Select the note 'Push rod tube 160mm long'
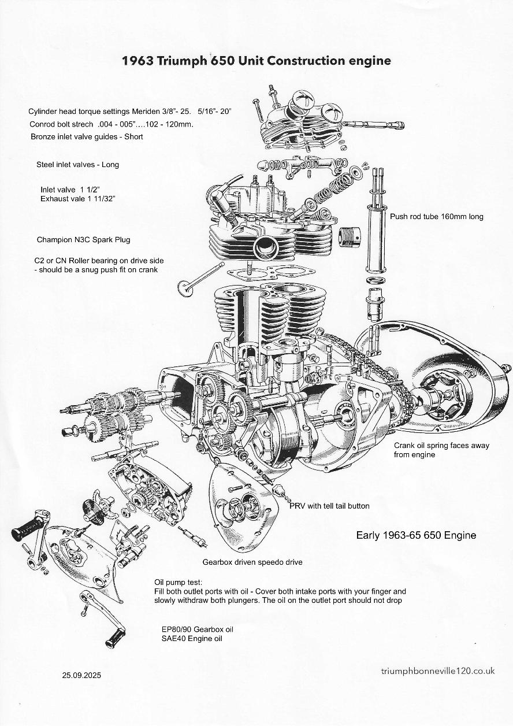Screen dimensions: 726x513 coord(436,217)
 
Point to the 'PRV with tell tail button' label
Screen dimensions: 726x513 coord(329,506)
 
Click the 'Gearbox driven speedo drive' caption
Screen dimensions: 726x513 coord(252,562)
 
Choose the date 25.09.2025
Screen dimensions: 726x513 coord(81,675)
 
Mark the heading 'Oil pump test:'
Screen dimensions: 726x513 coord(179,582)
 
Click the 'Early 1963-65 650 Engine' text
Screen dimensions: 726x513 coord(416,535)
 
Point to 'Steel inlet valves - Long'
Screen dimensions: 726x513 coord(77,165)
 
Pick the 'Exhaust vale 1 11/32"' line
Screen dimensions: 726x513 coord(78,199)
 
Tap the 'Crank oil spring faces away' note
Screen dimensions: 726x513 coord(441,446)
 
